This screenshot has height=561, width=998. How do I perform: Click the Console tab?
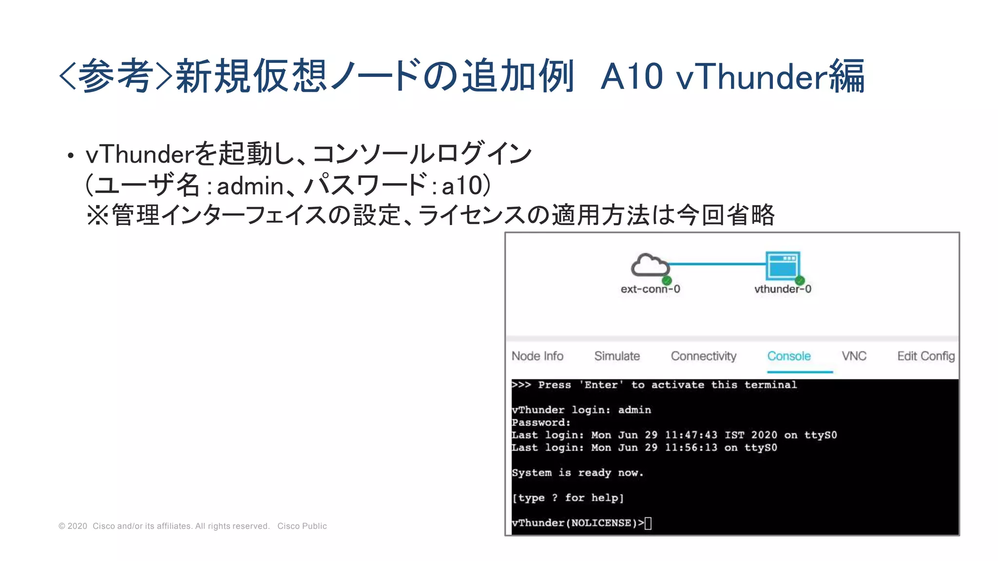click(788, 356)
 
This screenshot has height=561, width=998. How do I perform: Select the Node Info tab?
click(537, 356)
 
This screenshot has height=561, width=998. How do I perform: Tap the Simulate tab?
click(616, 356)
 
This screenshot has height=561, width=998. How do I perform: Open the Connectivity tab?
click(703, 356)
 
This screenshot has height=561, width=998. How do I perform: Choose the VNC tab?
click(854, 356)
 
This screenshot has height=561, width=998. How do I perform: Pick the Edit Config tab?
click(925, 356)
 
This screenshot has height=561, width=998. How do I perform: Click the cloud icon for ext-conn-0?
click(650, 265)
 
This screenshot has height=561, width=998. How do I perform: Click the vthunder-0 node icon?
click(783, 265)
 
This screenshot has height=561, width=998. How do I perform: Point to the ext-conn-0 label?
click(650, 289)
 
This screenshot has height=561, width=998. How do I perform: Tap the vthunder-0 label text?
click(783, 289)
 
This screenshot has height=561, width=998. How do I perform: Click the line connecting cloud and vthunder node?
click(716, 264)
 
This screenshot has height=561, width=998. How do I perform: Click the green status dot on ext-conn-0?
click(667, 280)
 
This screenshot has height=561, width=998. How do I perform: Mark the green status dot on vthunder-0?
click(800, 280)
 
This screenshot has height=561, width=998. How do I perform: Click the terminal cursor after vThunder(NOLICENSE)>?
click(648, 523)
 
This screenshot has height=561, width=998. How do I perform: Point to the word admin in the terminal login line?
click(634, 410)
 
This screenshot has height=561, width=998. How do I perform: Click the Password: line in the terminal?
click(541, 423)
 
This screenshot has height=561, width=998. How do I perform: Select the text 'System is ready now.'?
click(577, 473)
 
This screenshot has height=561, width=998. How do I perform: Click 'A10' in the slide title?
click(632, 76)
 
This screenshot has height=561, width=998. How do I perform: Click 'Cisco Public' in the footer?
click(302, 526)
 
